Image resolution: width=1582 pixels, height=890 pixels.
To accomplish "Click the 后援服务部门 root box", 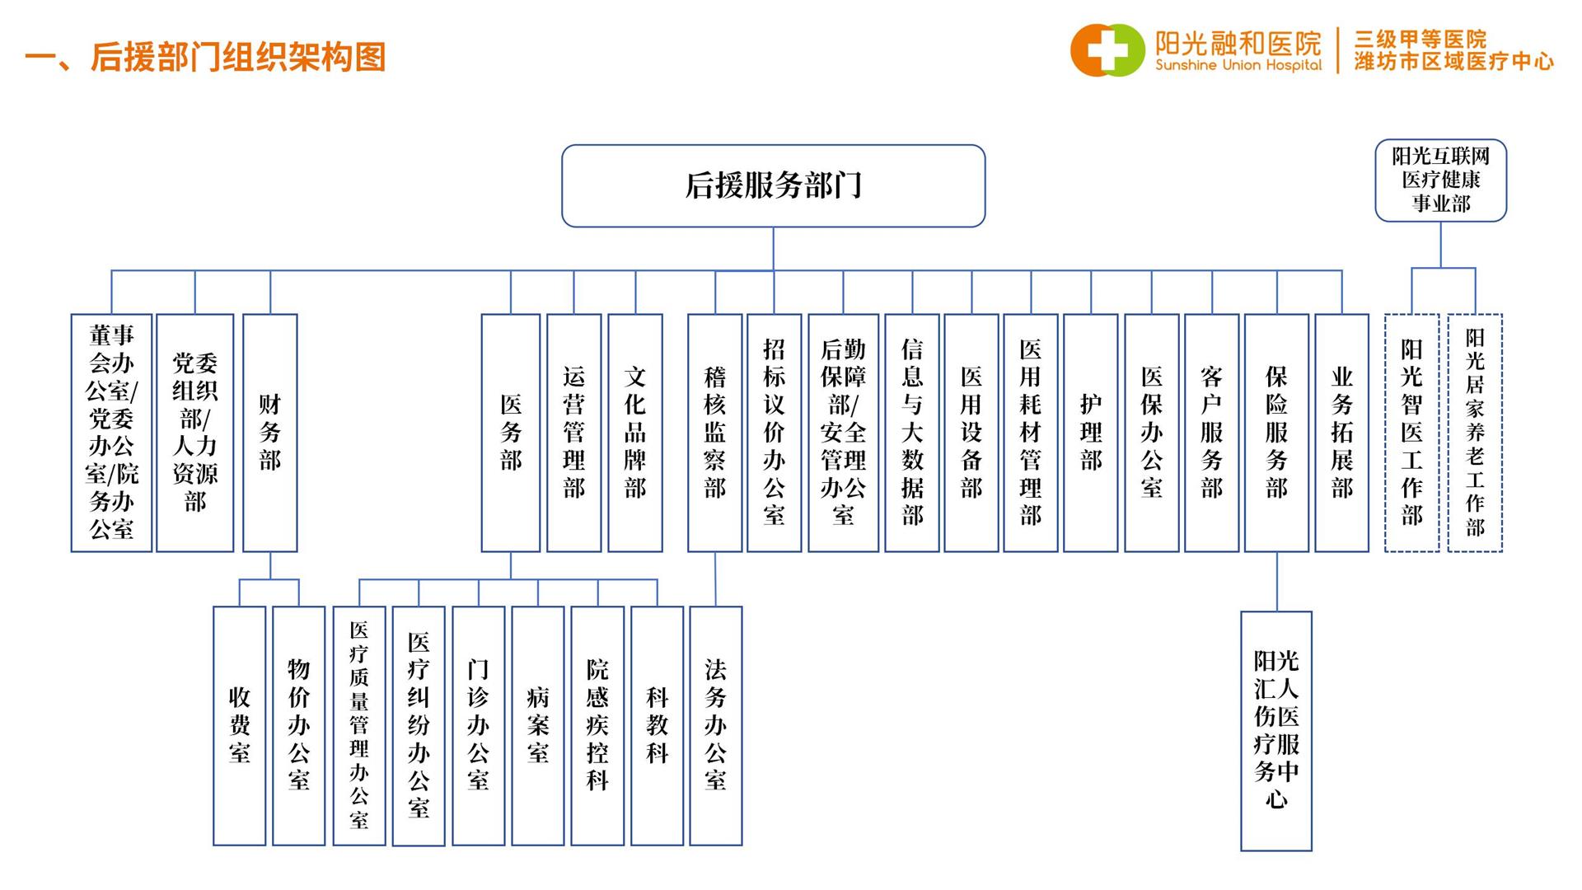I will (x=773, y=185).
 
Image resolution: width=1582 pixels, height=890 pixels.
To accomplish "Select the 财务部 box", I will (x=270, y=433).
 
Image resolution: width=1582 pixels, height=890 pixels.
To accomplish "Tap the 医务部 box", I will (x=511, y=433).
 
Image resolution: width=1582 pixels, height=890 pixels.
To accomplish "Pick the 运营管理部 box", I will (x=574, y=433).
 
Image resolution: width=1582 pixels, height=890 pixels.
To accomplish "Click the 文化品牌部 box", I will (x=635, y=433).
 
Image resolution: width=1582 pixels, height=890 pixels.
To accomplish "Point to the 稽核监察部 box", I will (x=715, y=433).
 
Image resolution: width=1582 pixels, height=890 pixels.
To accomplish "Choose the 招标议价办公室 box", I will (x=775, y=433).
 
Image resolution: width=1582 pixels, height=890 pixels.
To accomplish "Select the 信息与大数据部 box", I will (x=912, y=433).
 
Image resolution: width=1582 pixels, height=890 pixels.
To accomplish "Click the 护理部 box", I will (x=1091, y=433).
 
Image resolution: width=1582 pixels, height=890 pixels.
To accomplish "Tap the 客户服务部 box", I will (x=1212, y=433).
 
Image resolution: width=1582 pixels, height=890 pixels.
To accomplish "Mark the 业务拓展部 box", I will (x=1342, y=433).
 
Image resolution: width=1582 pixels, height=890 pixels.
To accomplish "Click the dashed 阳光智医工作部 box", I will (x=1412, y=433).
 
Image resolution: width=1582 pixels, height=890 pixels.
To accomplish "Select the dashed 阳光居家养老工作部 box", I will (x=1475, y=433).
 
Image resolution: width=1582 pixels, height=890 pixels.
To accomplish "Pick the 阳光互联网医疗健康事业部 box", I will (x=1441, y=180).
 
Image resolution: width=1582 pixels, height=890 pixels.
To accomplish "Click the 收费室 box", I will (x=240, y=725).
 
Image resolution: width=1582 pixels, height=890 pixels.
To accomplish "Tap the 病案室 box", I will (x=538, y=725).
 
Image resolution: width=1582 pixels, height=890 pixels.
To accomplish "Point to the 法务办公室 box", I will (x=716, y=725).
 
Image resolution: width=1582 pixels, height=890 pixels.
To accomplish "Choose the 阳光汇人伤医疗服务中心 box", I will (x=1276, y=730).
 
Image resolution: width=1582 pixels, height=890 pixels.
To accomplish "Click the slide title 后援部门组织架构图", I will (x=206, y=57).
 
